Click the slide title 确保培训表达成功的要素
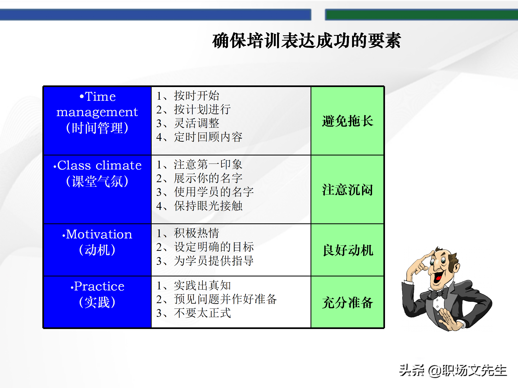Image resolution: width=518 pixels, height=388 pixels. (x=306, y=41)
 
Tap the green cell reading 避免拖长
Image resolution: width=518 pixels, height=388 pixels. (x=347, y=121)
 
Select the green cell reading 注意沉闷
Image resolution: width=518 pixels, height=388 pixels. (x=347, y=190)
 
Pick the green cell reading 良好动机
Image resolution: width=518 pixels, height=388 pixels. (x=347, y=250)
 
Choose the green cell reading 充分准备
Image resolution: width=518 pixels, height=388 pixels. (x=347, y=302)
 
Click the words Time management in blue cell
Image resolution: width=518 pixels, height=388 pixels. (x=97, y=105)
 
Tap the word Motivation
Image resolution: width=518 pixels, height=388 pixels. (x=99, y=234)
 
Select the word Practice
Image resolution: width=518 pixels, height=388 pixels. (x=99, y=286)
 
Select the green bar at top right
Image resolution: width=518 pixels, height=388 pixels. (x=421, y=15)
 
